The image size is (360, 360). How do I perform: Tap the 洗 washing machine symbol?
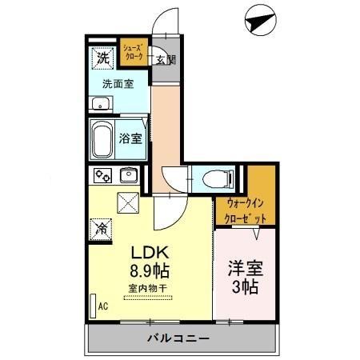coord(102,58)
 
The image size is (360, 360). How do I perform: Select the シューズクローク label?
coord(134,54)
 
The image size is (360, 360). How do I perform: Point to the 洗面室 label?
coord(117,82)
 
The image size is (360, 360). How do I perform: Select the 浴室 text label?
coord(131,138)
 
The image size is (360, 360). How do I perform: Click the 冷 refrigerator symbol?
coord(102,228)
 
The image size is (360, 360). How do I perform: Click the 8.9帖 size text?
coord(150,270)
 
